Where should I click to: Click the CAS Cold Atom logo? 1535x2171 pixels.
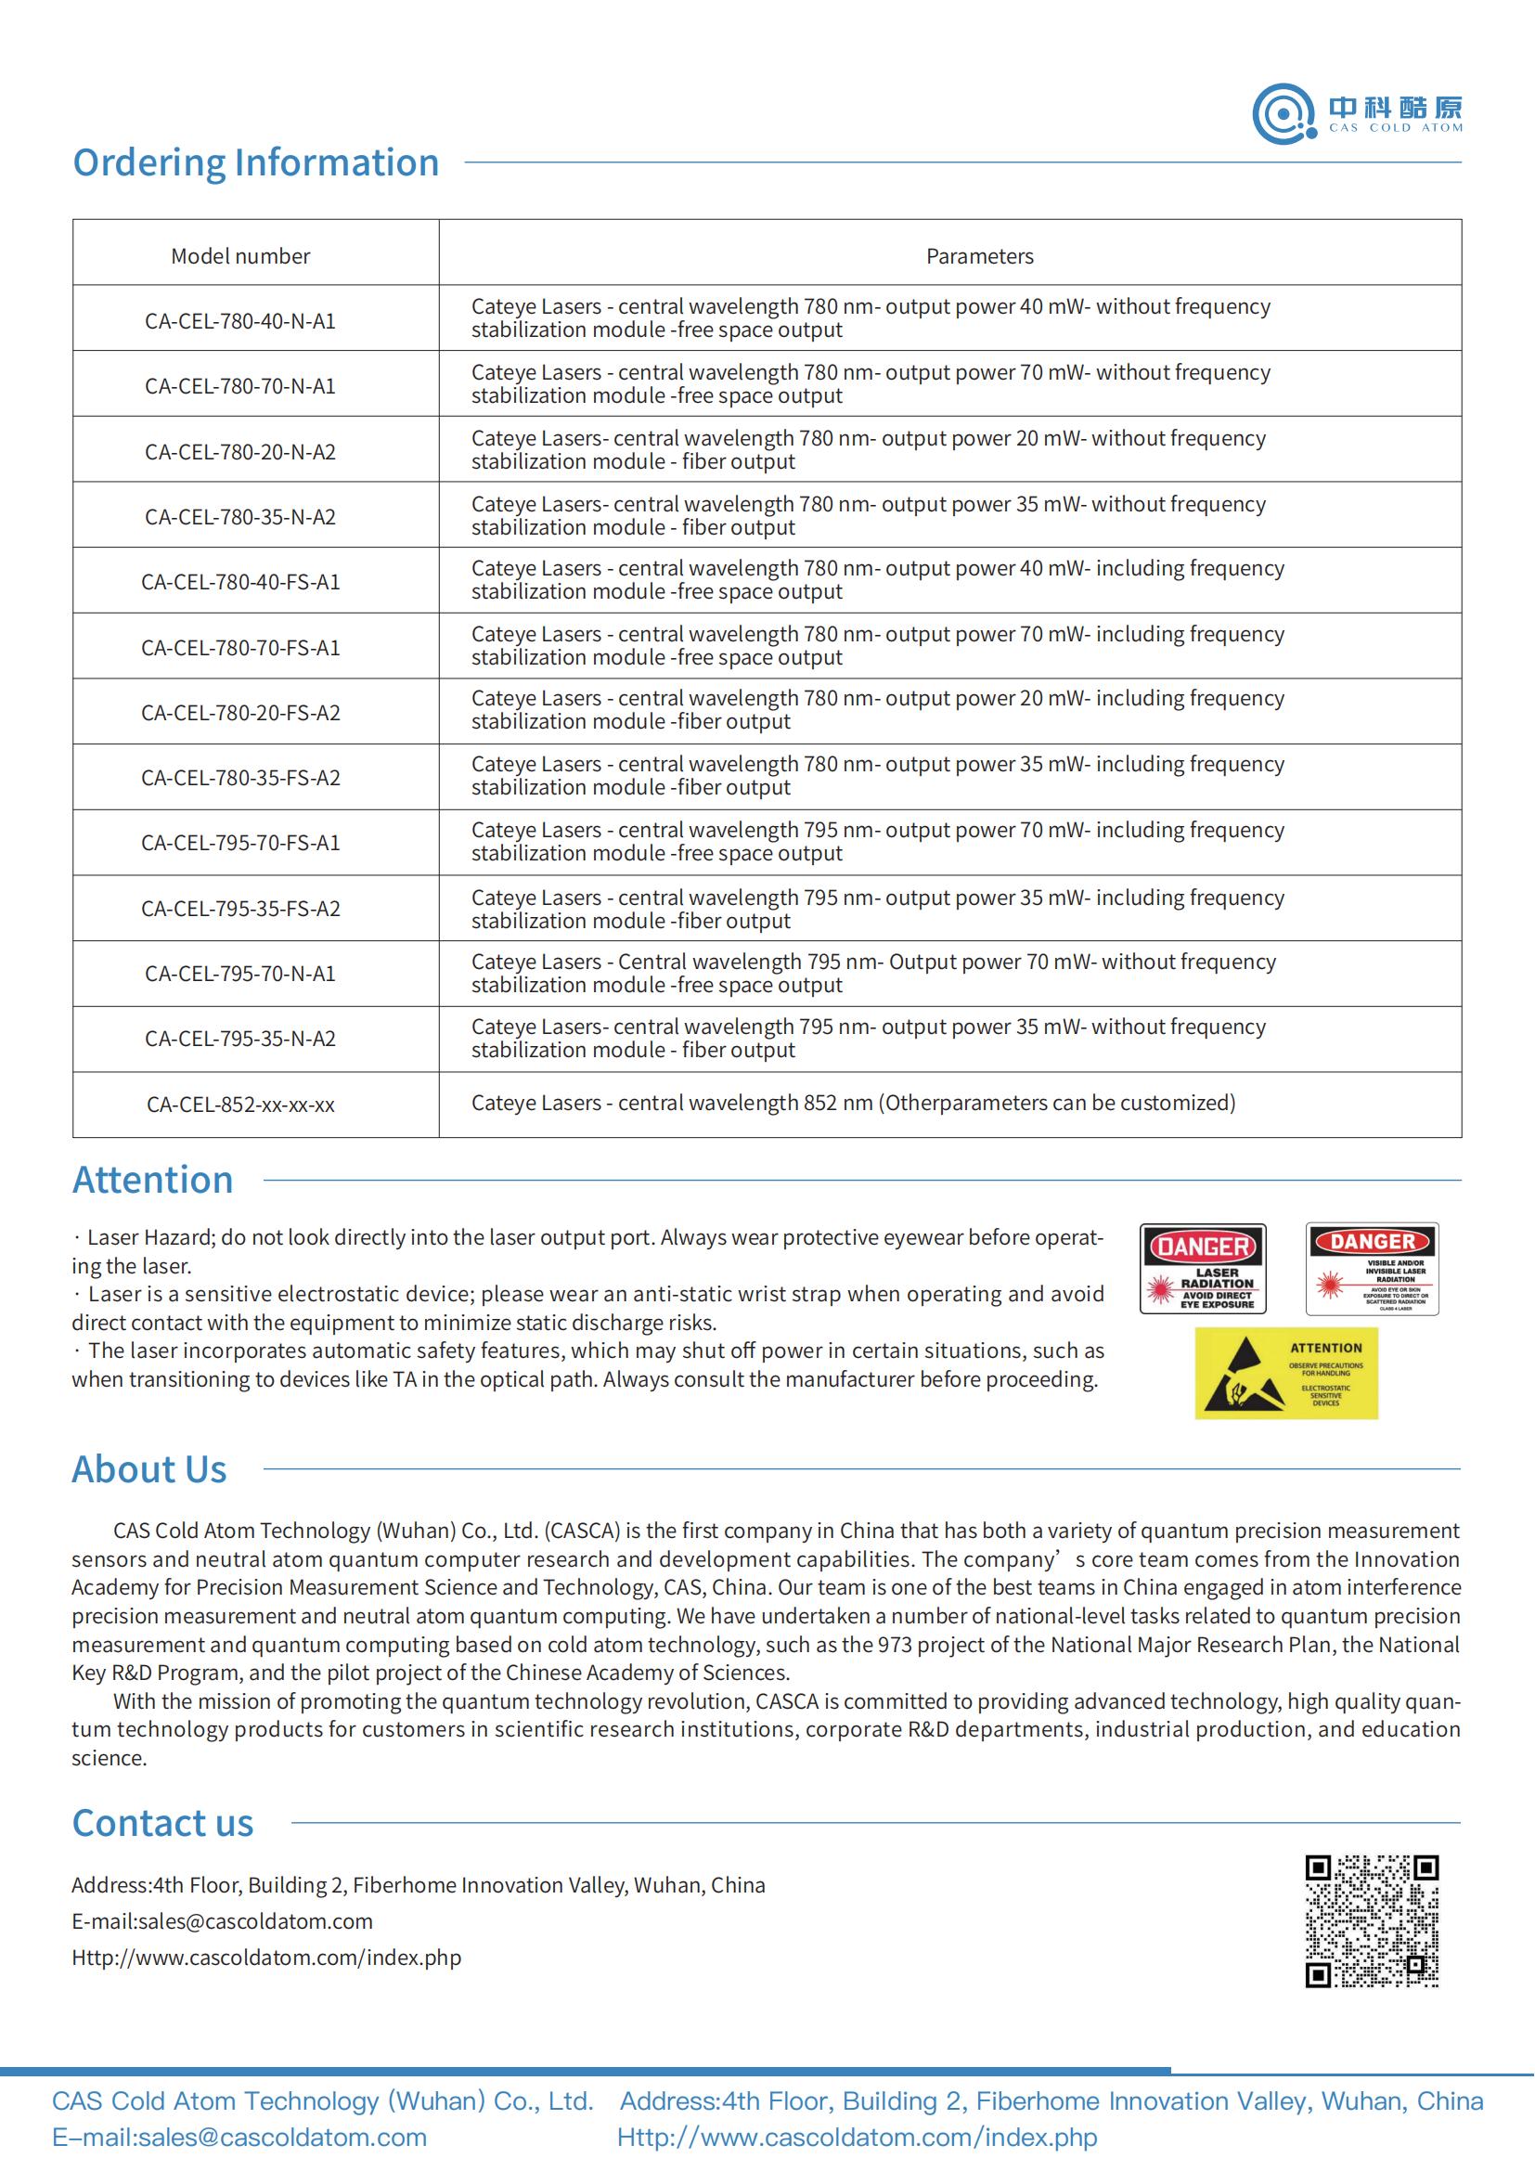[x=1357, y=113]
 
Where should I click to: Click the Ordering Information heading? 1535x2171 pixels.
[x=255, y=162]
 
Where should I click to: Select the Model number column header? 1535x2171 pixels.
[x=240, y=256]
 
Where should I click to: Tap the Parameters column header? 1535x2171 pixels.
[x=979, y=256]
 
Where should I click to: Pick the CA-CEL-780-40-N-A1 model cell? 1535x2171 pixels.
[x=240, y=321]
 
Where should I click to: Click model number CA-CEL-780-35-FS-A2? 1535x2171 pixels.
[x=240, y=778]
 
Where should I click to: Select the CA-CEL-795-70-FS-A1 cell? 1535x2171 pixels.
[x=240, y=844]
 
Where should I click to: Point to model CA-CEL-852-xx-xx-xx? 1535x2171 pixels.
[x=240, y=1105]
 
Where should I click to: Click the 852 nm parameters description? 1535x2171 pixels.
[x=853, y=1104]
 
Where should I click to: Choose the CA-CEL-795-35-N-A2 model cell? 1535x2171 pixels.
[x=240, y=1040]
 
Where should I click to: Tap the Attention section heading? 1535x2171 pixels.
[x=153, y=1180]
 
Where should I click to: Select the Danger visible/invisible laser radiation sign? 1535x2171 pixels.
[x=1373, y=1269]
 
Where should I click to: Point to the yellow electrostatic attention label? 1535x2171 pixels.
[x=1285, y=1373]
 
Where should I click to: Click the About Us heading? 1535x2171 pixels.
[x=149, y=1469]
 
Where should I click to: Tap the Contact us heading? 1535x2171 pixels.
[x=162, y=1823]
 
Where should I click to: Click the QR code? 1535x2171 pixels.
[x=1372, y=1920]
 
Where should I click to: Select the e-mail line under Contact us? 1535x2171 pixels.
[x=222, y=1921]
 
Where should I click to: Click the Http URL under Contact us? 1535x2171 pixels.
[x=266, y=1958]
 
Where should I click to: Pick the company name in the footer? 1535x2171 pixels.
[x=322, y=2101]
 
